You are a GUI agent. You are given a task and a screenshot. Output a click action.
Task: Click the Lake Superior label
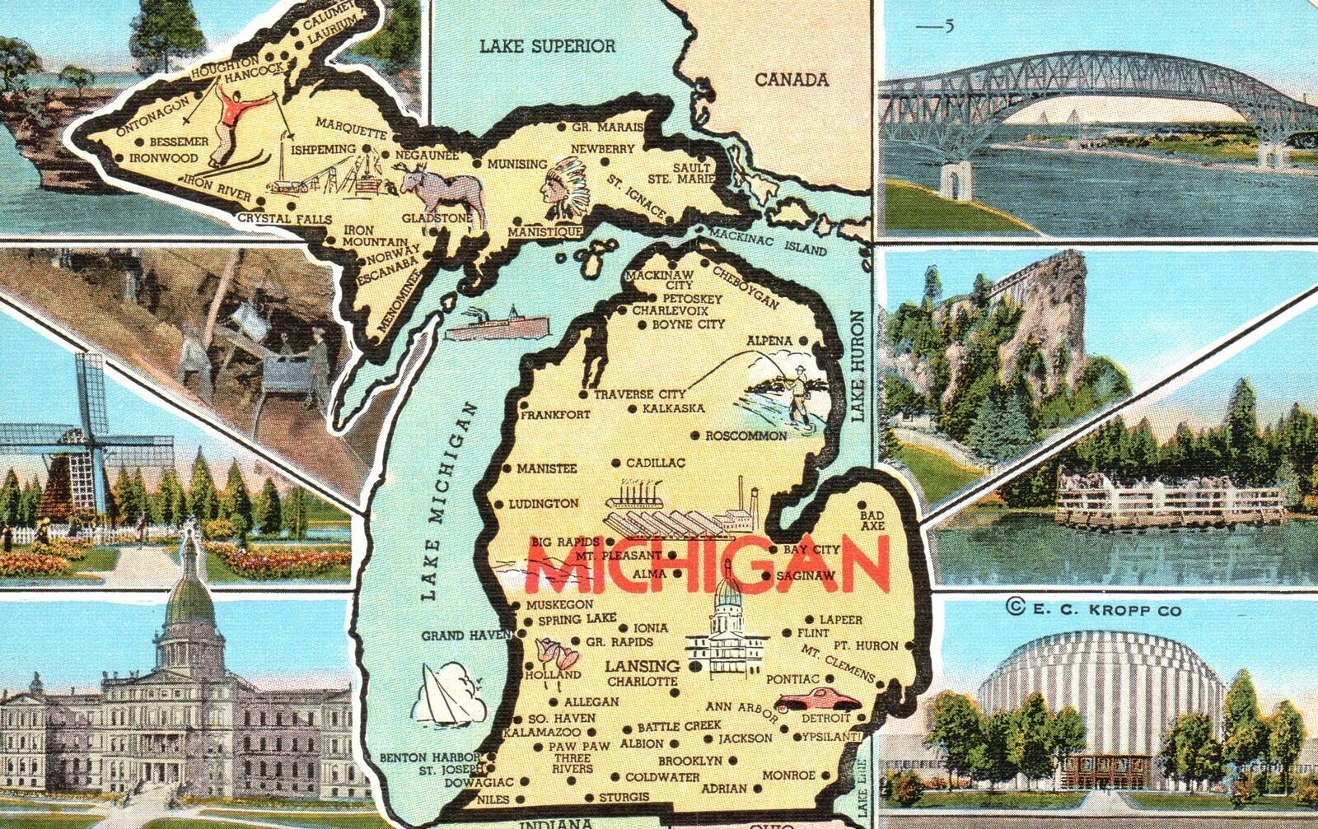coord(548,46)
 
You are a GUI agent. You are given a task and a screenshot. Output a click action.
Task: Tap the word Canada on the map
coord(791,80)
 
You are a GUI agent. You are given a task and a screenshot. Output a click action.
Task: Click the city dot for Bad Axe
coord(862,504)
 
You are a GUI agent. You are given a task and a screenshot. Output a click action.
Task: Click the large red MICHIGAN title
coord(706,567)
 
